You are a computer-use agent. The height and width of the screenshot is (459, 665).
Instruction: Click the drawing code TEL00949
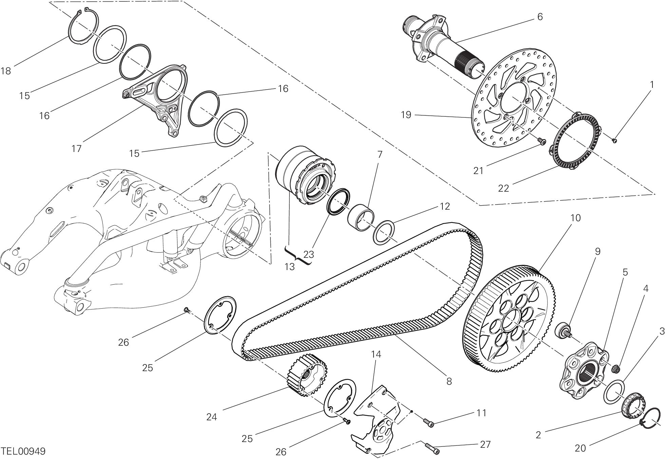23,451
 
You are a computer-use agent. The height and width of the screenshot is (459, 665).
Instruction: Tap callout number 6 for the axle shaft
540,17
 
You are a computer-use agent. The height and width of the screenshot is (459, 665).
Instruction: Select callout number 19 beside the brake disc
406,115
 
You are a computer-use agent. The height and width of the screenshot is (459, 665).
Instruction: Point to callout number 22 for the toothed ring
503,188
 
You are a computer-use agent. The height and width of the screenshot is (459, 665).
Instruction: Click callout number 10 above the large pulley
575,217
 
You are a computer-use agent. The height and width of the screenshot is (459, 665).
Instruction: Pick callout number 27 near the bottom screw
485,444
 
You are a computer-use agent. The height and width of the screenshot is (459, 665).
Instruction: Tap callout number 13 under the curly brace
289,267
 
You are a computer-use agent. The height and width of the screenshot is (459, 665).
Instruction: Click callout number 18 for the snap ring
6,71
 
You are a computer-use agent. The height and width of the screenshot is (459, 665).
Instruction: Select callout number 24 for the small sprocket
211,417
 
